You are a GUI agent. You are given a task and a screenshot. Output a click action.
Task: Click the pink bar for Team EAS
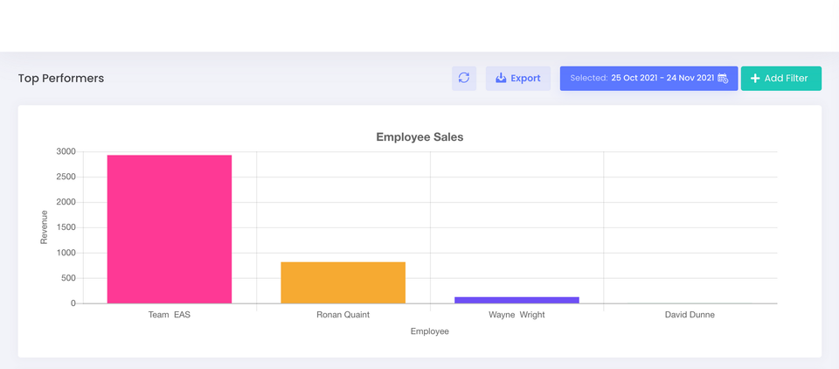tap(170, 229)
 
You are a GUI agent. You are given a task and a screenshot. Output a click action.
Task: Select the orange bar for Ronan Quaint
tap(343, 282)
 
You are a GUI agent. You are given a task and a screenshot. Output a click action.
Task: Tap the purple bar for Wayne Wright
tap(517, 300)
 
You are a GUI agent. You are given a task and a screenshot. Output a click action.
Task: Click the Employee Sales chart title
tap(419, 137)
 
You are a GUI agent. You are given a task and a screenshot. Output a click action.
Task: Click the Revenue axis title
tap(45, 227)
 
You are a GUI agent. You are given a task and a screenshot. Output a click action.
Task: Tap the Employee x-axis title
tap(429, 331)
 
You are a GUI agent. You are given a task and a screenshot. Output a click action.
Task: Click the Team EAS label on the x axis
tap(170, 315)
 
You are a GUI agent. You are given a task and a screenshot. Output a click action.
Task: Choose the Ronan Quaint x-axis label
tap(343, 315)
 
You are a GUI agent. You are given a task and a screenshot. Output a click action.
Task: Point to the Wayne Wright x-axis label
tap(517, 315)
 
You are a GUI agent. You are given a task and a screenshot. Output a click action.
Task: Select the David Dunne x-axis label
tap(690, 315)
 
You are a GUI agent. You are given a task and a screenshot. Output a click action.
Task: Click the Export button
tap(518, 79)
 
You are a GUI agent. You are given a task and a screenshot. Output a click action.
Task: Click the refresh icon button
tap(464, 79)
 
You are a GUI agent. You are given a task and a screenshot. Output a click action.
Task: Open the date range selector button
tap(648, 79)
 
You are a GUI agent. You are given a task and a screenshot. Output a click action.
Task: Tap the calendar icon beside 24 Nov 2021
tap(723, 79)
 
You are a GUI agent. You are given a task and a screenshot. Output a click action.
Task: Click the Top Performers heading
tap(61, 79)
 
